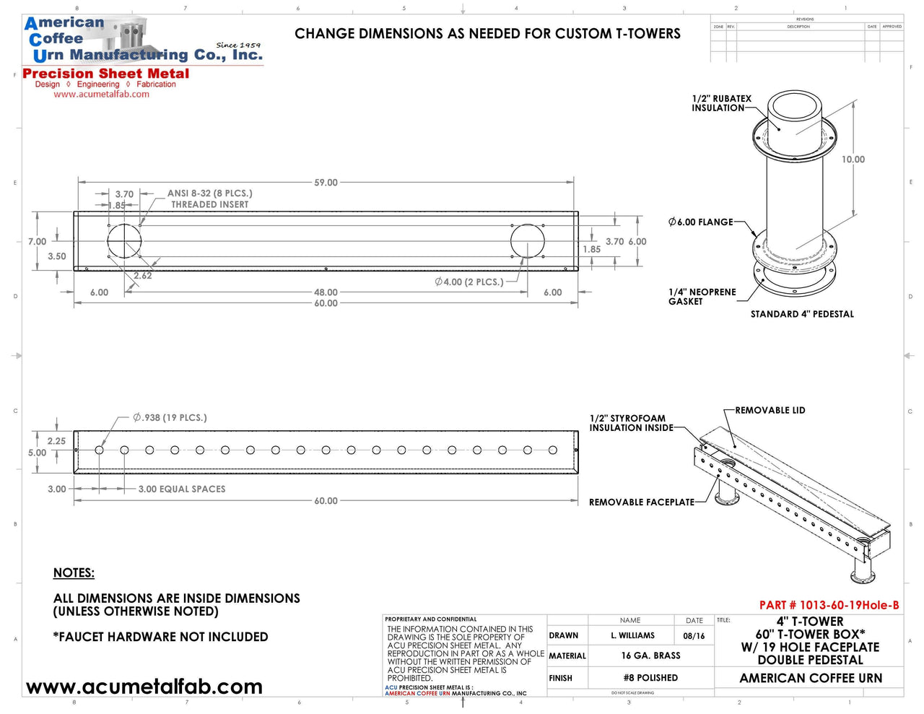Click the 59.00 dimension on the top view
pos(326,183)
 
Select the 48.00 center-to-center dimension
pos(326,292)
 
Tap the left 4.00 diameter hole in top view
pos(124,240)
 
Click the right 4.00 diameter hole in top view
pos(528,240)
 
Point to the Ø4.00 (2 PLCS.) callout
pos(469,282)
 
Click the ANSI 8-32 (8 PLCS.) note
pos(209,193)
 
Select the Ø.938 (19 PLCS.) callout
pos(170,417)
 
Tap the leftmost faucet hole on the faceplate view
pos(100,450)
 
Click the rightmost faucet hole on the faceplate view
pos(553,450)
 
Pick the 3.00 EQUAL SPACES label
pos(182,489)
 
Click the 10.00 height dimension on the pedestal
pos(853,160)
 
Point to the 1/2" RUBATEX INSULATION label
pos(721,103)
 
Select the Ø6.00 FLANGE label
pos(701,222)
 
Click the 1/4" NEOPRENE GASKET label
pos(702,297)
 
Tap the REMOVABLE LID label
pos(770,410)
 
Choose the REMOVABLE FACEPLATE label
pos(641,502)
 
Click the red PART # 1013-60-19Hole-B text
pos(829,605)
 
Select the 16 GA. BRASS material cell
pos(650,656)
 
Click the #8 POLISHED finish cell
pos(650,678)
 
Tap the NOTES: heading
pos(74,572)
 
